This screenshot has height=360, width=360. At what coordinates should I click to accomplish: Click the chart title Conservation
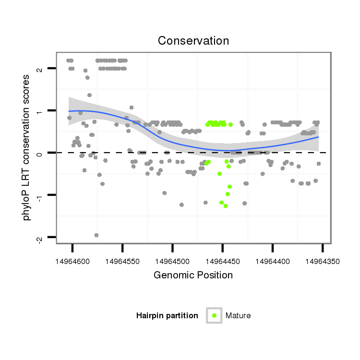193,41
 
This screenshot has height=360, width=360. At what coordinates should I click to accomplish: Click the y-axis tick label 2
40,69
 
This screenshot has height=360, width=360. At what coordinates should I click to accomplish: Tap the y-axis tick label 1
40,111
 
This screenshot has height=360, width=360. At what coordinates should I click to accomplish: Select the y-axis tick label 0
40,153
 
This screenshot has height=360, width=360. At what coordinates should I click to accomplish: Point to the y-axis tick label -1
40,195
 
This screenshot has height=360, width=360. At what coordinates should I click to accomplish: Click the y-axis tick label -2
40,237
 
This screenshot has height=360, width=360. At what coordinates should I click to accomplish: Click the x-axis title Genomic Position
193,275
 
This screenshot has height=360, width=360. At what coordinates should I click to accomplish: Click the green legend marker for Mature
214,315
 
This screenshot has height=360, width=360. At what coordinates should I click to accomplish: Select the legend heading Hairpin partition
167,316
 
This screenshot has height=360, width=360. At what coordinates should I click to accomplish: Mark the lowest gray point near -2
96,235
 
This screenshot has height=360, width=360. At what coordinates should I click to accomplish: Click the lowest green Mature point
225,206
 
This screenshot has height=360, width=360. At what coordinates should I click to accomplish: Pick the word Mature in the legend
238,316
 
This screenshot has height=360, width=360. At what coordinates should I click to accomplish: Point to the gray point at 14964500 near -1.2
181,205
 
